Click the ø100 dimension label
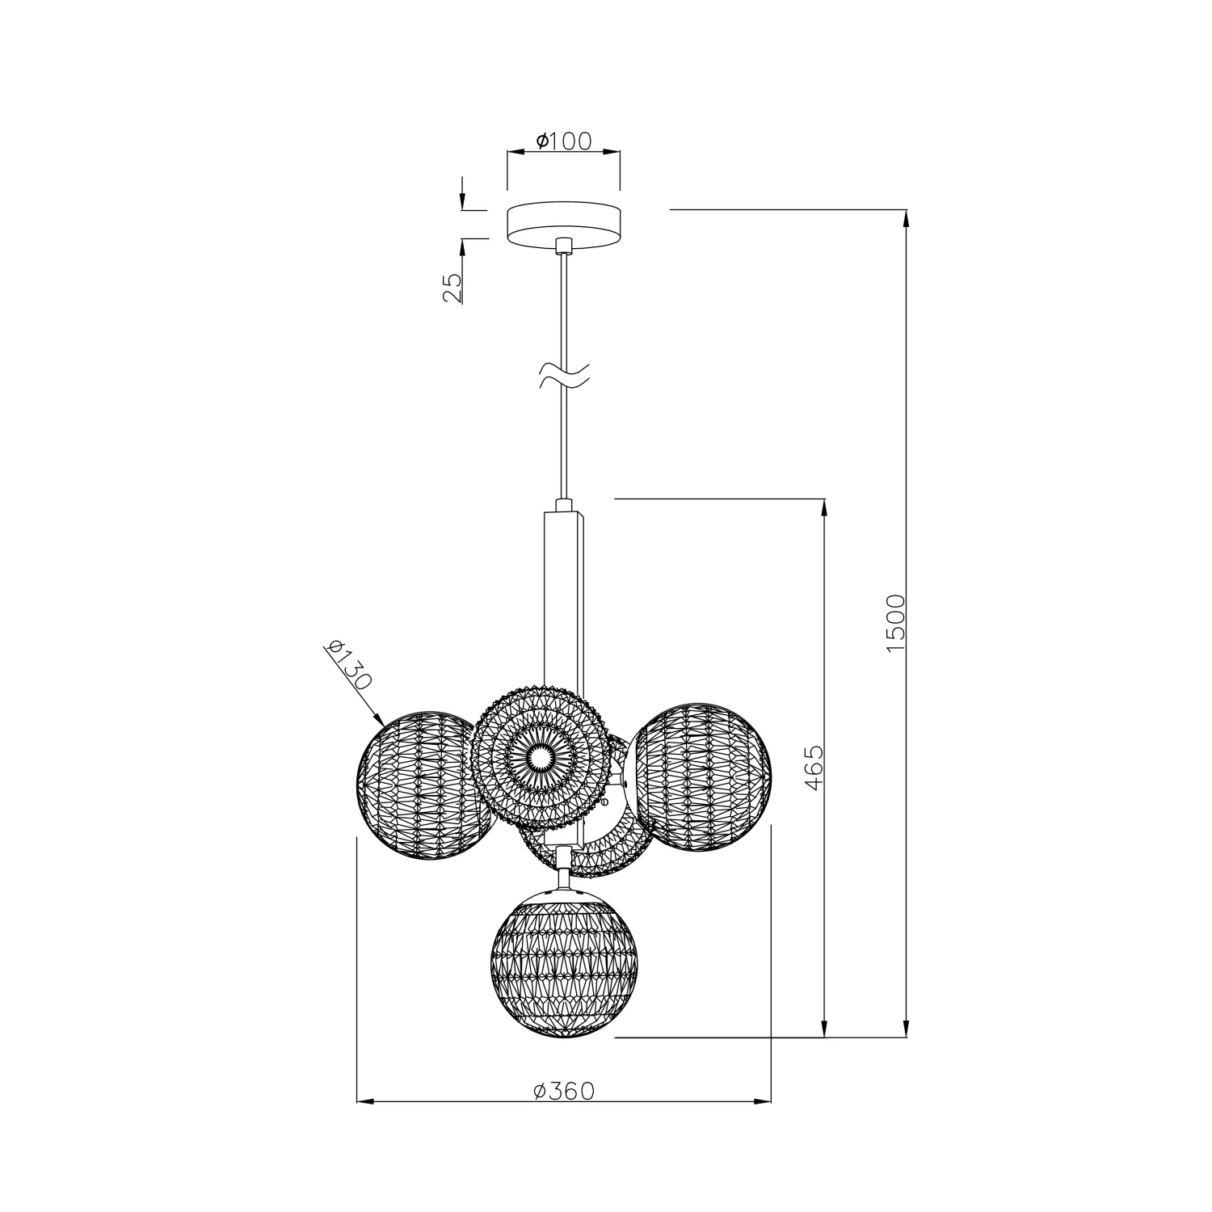pos(563,141)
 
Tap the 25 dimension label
pos(453,288)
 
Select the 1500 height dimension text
pos(896,623)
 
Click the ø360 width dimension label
pos(564,1092)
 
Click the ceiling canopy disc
pos(564,225)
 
